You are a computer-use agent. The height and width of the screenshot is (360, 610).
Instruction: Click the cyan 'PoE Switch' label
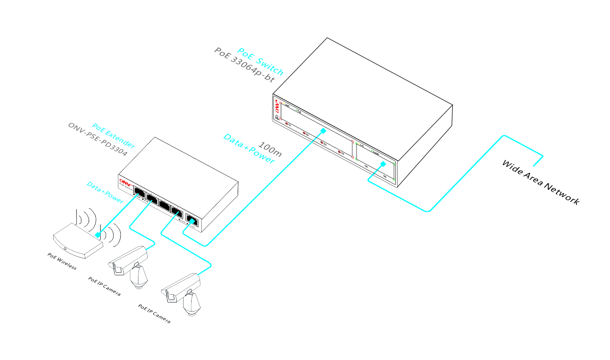[261, 62]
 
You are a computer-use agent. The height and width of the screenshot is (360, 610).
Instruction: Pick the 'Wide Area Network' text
[540, 182]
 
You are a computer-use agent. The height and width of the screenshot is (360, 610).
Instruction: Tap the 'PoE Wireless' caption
[62, 261]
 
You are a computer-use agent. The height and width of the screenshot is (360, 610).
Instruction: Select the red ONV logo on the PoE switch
[277, 105]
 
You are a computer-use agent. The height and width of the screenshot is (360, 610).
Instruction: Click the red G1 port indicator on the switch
[288, 125]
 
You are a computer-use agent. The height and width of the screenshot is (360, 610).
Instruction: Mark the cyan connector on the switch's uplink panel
[382, 164]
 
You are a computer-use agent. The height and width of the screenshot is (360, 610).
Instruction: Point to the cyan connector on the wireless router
[98, 235]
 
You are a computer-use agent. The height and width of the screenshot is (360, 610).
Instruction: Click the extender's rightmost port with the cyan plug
[192, 221]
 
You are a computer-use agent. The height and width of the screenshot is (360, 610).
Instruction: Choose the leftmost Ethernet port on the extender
[139, 192]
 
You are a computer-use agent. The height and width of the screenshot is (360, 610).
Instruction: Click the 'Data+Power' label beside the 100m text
[249, 149]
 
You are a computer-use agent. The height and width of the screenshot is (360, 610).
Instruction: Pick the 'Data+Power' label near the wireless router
[104, 192]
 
